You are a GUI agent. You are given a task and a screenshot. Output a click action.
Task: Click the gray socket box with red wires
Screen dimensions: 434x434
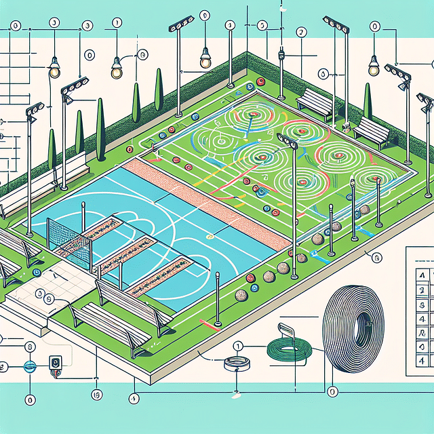tap(56, 364)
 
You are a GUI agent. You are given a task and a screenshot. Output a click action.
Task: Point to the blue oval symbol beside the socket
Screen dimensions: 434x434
tap(29, 366)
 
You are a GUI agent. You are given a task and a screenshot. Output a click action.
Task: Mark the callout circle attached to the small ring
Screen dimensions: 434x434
tap(237, 346)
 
